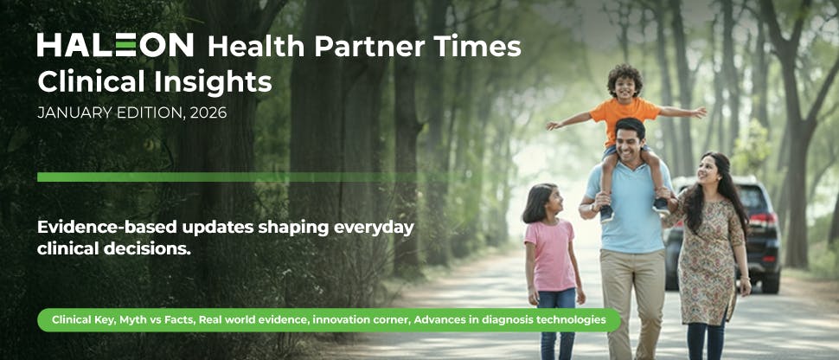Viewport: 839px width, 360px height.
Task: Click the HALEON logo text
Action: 116,45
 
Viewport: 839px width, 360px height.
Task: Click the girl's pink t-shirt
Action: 549,254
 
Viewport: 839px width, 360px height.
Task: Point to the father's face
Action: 630,140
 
